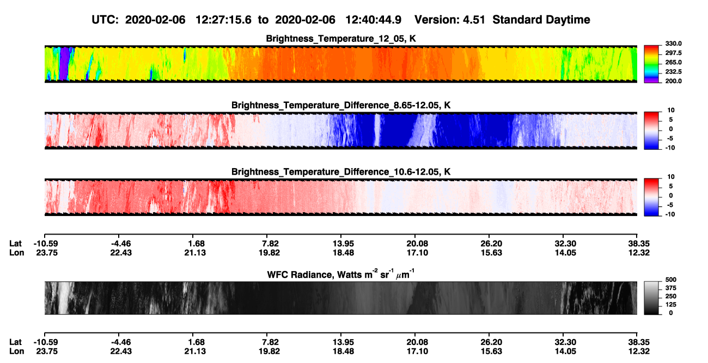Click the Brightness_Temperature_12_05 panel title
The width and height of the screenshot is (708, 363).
click(x=341, y=39)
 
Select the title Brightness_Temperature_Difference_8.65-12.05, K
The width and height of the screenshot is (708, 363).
click(x=341, y=105)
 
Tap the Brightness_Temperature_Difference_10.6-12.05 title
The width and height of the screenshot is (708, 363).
click(x=341, y=172)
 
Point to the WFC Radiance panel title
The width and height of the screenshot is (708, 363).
click(x=341, y=274)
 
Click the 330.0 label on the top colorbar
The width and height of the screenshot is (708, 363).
click(x=673, y=44)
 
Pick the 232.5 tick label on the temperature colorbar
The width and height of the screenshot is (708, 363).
click(x=673, y=72)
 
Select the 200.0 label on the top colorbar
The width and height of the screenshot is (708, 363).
click(x=673, y=81)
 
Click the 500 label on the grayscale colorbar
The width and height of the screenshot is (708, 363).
click(x=671, y=280)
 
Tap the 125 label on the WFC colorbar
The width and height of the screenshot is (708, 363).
click(x=671, y=305)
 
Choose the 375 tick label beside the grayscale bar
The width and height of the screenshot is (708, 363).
click(x=671, y=288)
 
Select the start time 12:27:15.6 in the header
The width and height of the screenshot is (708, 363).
click(x=223, y=20)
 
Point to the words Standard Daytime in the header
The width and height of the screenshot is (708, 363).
click(x=541, y=20)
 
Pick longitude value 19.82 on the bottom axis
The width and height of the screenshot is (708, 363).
click(x=269, y=352)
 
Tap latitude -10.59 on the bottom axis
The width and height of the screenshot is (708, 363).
click(x=46, y=342)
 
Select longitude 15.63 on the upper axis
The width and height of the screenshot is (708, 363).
click(x=491, y=253)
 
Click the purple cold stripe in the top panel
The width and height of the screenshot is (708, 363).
click(x=64, y=64)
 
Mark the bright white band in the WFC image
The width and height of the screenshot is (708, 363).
click(x=64, y=298)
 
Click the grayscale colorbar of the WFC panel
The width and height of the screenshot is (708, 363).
click(x=651, y=298)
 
